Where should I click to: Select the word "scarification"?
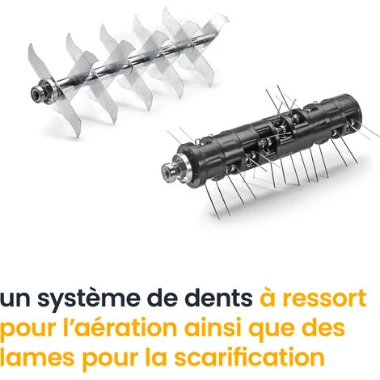[x=249, y=357]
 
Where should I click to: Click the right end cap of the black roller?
[x=353, y=110]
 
